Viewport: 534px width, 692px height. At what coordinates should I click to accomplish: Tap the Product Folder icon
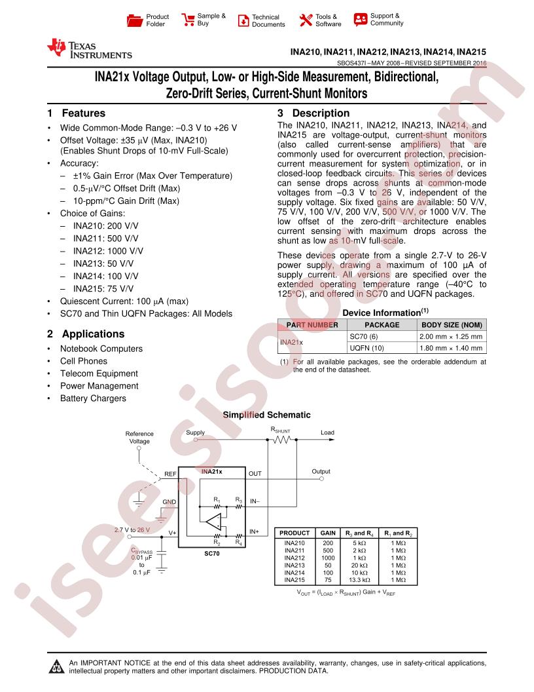[134, 20]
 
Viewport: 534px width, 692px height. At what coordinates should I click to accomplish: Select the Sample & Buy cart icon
[188, 19]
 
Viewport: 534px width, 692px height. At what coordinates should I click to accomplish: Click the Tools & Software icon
[306, 20]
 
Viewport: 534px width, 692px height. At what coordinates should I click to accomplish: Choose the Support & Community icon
[360, 19]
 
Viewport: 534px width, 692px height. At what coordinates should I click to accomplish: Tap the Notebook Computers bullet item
[101, 349]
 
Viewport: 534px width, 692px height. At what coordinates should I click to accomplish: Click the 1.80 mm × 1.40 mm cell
[451, 348]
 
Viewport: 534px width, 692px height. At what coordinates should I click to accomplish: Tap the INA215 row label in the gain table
[294, 580]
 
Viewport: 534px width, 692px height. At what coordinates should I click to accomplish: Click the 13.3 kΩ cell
[359, 580]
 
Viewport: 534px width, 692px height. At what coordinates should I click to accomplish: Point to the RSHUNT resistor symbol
[281, 441]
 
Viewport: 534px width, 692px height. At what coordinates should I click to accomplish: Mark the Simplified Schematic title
[266, 415]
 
